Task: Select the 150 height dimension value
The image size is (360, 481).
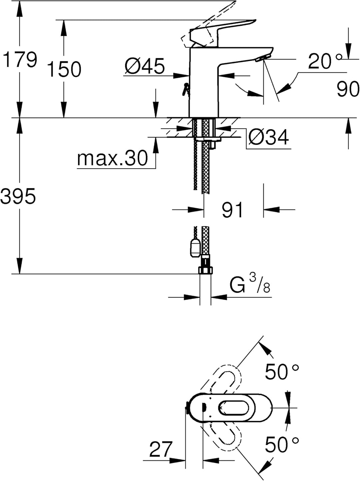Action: (64, 69)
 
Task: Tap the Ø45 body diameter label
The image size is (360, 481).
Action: (144, 66)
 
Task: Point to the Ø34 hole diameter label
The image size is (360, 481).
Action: (269, 137)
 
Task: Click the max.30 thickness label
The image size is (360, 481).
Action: (112, 158)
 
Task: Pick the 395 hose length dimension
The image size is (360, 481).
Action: (18, 196)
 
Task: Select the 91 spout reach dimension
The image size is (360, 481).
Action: (232, 210)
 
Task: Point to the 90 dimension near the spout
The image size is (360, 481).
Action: (348, 89)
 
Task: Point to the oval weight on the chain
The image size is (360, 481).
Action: (194, 248)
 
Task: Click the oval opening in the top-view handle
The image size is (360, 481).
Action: (234, 408)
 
